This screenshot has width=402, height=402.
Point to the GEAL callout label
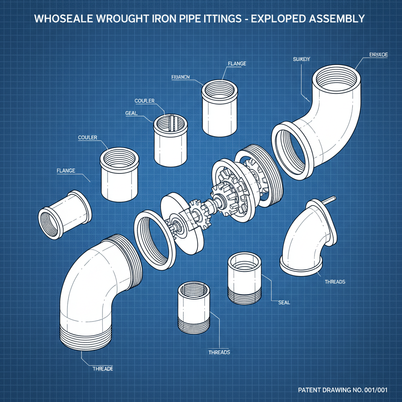(131, 113)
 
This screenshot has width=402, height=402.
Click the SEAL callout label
(284, 302)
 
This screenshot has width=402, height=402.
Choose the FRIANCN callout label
(181, 77)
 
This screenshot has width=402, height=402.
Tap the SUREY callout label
(301, 59)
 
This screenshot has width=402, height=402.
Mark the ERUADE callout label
(378, 55)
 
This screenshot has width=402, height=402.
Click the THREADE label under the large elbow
(102, 369)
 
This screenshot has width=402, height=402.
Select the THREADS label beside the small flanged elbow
(335, 282)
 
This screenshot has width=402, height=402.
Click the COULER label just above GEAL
(144, 101)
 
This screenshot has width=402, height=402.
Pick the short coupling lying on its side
(65, 214)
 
